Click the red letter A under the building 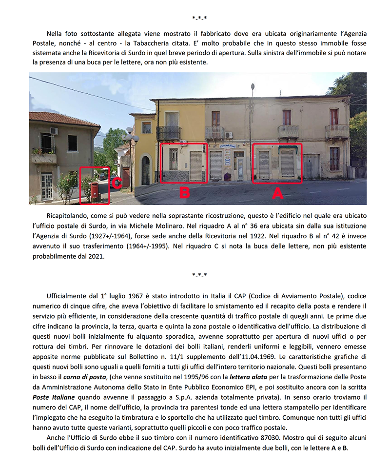277,193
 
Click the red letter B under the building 184,192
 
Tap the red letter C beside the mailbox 117,183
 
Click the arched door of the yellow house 145,170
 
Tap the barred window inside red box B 174,159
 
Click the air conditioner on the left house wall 54,131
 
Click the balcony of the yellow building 169,133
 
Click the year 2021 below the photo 96,255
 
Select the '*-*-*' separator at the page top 199,18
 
